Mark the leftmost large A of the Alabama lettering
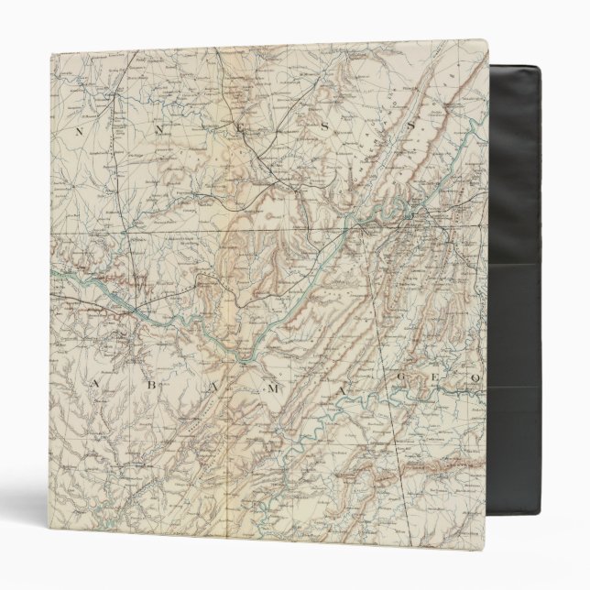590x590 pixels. pos(94,381)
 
